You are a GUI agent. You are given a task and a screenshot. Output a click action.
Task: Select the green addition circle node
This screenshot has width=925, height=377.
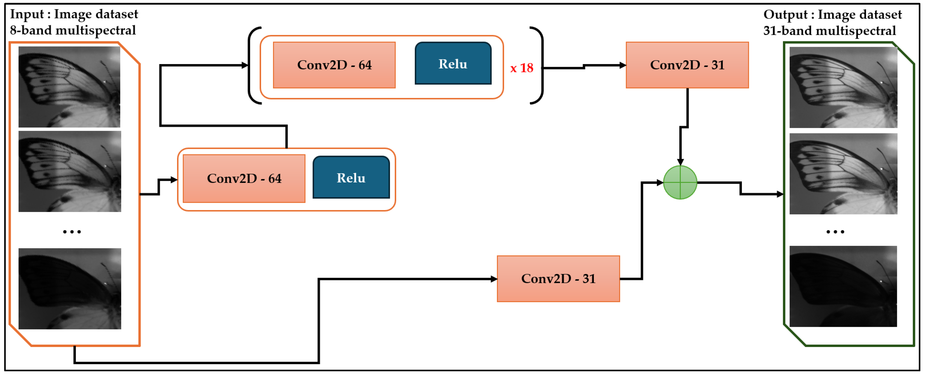pyautogui.click(x=680, y=182)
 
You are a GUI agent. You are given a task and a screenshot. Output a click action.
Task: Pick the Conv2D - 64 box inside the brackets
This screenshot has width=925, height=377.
pyautogui.click(x=334, y=65)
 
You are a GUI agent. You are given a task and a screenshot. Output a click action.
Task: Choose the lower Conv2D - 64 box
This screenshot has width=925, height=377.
pyautogui.click(x=244, y=178)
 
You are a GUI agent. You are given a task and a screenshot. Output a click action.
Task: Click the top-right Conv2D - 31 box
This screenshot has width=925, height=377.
pyautogui.click(x=687, y=65)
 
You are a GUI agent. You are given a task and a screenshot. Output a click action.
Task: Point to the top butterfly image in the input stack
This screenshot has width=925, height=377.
pyautogui.click(x=69, y=87)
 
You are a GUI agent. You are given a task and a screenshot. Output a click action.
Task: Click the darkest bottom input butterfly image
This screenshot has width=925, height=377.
pyautogui.click(x=70, y=288)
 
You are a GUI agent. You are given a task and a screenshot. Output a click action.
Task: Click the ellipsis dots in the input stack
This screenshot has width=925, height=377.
pyautogui.click(x=72, y=232)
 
